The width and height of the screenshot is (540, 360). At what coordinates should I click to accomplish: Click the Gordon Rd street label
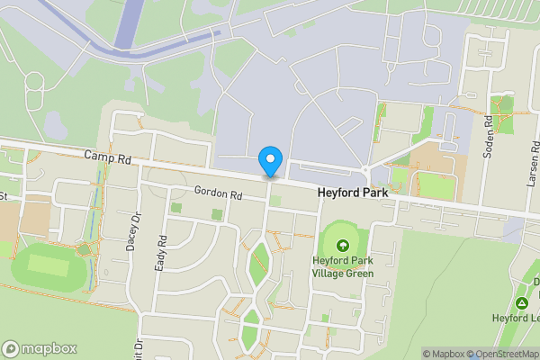[219, 193]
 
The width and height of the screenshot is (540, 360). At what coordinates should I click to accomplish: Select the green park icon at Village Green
[342, 244]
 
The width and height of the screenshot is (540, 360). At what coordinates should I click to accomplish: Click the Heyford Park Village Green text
[342, 267]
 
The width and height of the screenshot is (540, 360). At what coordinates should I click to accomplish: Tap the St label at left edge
[4, 195]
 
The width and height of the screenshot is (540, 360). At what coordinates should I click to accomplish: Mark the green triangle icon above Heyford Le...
[523, 301]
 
